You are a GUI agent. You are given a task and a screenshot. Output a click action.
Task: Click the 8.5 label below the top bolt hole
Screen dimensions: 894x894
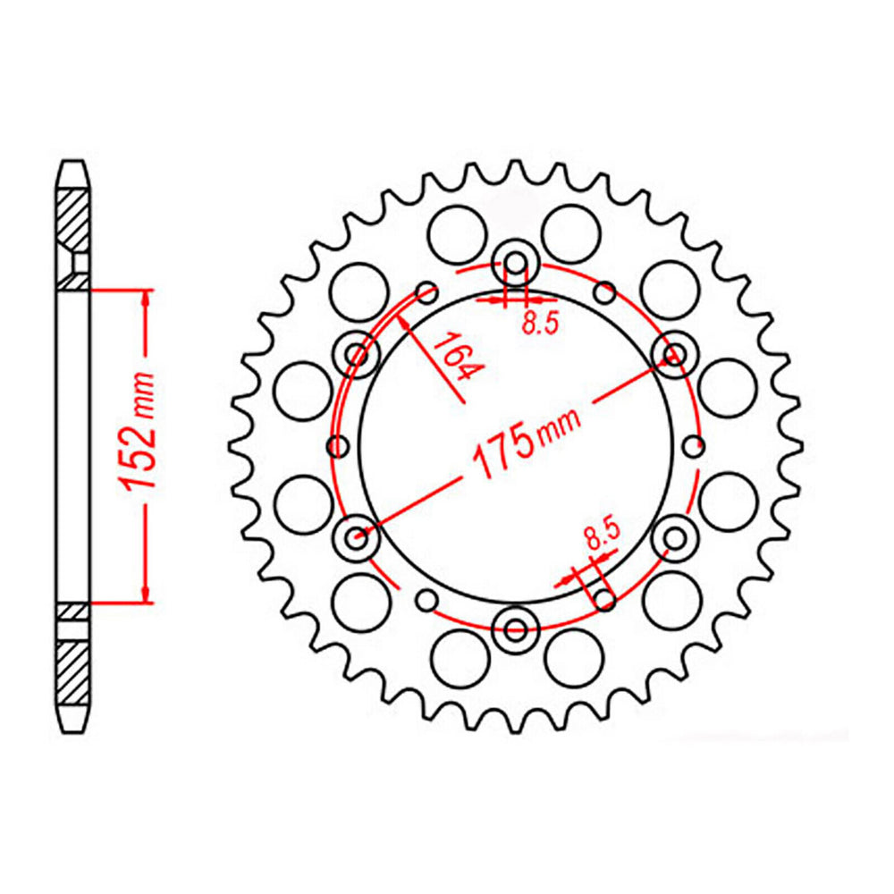click(x=540, y=325)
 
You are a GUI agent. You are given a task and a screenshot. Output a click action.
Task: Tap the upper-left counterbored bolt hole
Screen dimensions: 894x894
click(x=357, y=354)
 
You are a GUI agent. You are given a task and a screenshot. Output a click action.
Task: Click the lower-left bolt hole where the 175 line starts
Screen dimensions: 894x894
click(x=357, y=537)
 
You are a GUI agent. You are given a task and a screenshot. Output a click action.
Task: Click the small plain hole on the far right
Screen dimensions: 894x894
click(x=694, y=445)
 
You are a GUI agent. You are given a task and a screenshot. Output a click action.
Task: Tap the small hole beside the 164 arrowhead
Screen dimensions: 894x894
click(x=427, y=291)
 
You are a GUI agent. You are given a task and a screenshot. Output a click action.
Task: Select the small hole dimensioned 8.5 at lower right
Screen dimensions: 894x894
click(x=605, y=599)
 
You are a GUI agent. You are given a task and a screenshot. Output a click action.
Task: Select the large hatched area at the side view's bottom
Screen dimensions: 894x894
click(x=74, y=672)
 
